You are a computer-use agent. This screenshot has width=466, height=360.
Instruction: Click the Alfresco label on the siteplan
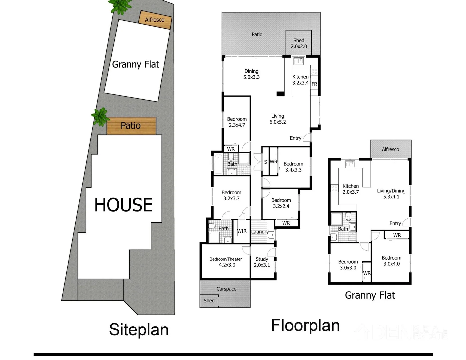[155, 20]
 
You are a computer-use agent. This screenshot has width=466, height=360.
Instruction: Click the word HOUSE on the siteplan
[123, 205]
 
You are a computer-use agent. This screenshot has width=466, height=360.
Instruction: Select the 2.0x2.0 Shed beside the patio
[299, 43]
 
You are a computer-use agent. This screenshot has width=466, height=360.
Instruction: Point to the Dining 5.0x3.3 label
[251, 74]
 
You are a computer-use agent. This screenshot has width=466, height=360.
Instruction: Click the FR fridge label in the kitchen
[314, 84]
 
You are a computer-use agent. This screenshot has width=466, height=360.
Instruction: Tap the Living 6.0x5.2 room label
[278, 119]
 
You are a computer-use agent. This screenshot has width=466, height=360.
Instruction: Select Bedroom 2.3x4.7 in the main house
[237, 122]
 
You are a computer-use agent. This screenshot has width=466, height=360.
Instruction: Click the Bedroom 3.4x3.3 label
[293, 167]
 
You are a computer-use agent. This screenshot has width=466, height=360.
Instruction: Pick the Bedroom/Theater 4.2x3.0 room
[226, 262]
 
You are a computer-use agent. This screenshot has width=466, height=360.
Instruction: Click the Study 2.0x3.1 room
[262, 262]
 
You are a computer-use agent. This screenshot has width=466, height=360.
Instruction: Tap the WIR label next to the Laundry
[242, 231]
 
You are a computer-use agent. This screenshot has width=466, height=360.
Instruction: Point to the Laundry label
[260, 232]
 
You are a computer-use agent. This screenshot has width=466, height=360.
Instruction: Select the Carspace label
[226, 289]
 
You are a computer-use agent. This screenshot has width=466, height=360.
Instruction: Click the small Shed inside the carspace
[209, 301]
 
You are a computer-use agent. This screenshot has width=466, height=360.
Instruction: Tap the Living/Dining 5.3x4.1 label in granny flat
[391, 194]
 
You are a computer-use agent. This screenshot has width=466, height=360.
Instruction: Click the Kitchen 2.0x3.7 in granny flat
[351, 189]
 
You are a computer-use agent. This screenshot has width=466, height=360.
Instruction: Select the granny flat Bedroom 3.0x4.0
[391, 261]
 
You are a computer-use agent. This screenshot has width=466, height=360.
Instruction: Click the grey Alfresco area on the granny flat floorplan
[390, 149]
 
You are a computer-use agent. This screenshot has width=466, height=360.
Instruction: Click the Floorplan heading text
[305, 325]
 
